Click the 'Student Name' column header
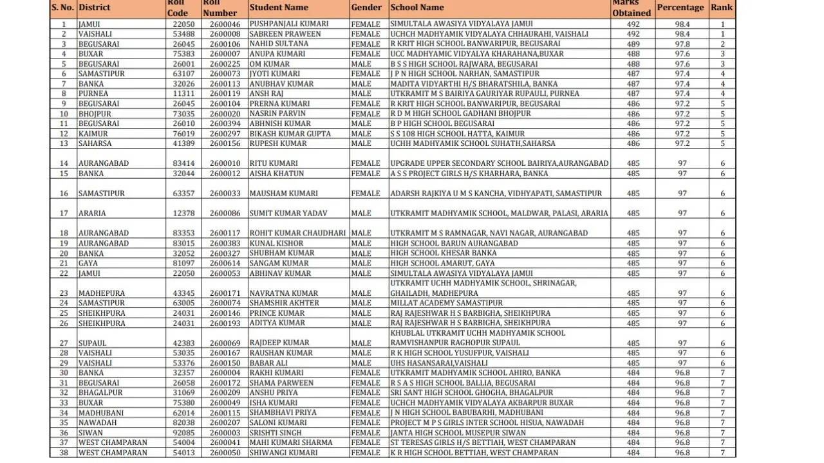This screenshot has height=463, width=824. (279, 7)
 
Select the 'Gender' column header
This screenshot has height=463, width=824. (367, 7)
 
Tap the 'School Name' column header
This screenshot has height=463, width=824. (417, 7)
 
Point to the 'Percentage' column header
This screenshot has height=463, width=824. (680, 7)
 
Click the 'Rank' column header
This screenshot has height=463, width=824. (722, 7)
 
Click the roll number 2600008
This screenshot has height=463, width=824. (225, 34)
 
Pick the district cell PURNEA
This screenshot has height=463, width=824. (94, 94)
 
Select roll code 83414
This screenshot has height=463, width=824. (183, 163)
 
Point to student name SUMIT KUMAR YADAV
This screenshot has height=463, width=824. (288, 213)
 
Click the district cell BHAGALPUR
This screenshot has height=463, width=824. (100, 393)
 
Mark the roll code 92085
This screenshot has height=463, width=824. (183, 433)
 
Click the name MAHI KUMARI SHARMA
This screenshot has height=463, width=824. (291, 443)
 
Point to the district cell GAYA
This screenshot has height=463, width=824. (88, 264)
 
